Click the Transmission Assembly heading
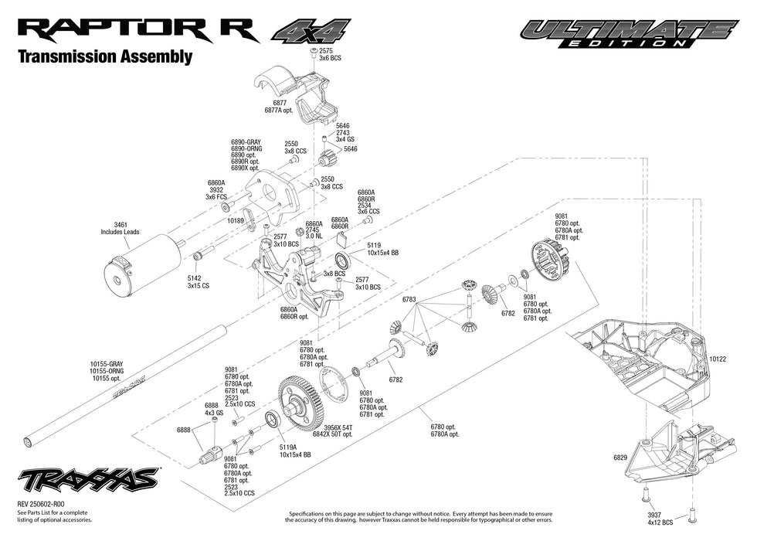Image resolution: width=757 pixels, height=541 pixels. [104, 57]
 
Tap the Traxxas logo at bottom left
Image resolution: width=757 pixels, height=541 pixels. [88, 480]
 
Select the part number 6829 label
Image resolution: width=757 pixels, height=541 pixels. [620, 458]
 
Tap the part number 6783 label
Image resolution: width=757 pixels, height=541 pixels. [409, 299]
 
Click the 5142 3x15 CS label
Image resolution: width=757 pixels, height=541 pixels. [198, 281]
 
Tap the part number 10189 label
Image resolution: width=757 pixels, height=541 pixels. [235, 220]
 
